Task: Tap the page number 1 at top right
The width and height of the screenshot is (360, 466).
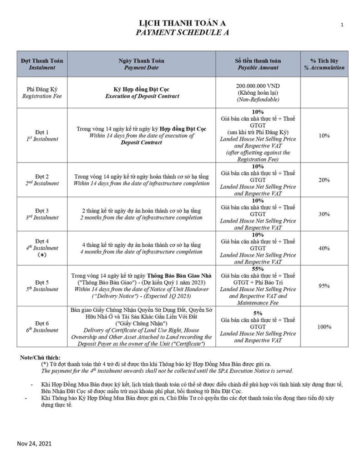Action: [341, 25]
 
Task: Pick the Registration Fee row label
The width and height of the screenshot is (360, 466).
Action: [42, 92]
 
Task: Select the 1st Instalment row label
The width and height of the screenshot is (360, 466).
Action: [42, 136]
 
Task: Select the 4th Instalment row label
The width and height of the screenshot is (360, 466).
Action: [42, 248]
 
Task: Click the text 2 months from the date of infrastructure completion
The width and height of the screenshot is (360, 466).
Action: [141, 218]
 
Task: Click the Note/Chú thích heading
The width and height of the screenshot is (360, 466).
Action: [40, 358]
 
